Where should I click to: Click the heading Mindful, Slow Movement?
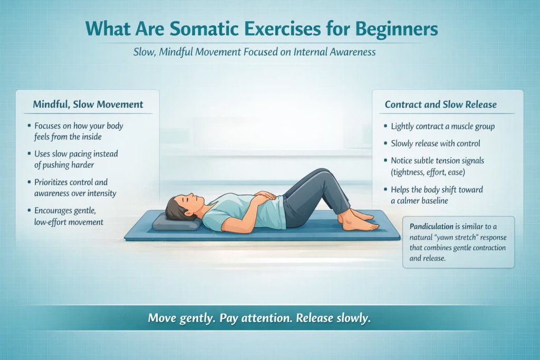pyautogui.click(x=88, y=104)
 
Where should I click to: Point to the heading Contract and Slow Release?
pyautogui.click(x=440, y=104)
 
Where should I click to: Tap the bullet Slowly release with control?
pyautogui.click(x=435, y=143)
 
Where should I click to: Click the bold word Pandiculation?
pyautogui.click(x=431, y=226)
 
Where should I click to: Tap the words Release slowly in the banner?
pyautogui.click(x=334, y=318)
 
